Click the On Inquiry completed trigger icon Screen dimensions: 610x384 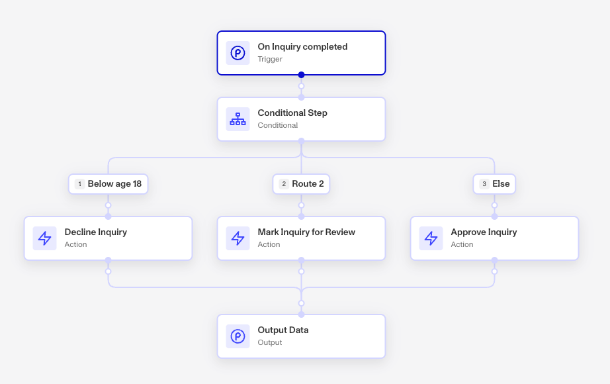238,53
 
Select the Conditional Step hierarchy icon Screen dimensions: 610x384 238,119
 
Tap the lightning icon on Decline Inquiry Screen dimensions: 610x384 45,238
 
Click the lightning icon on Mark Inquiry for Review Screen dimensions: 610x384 238,238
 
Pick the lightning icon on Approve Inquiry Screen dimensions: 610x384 431,238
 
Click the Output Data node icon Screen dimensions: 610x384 238,336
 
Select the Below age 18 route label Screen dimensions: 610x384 108,184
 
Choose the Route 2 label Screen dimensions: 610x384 301,184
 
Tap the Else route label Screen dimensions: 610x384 494,184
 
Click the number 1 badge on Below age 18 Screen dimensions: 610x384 80,184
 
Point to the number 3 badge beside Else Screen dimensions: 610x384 484,184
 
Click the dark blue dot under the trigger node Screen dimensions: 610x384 301,75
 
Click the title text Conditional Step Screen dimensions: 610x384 292,113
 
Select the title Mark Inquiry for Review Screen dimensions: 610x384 306,232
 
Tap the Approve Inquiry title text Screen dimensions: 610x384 484,232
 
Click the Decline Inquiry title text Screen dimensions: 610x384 96,232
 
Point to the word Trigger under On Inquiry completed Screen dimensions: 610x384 270,59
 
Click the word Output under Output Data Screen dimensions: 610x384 270,343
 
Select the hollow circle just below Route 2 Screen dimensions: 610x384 301,205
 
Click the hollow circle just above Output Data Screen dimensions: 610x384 301,303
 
